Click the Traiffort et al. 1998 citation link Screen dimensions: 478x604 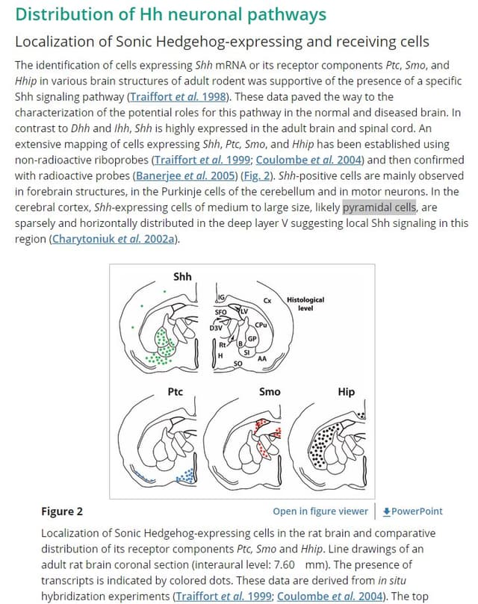[178, 96]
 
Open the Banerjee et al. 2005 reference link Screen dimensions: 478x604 [185, 175]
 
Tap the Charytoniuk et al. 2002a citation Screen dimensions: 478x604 [114, 239]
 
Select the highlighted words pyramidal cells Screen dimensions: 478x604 [379, 208]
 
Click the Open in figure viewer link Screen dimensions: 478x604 [320, 511]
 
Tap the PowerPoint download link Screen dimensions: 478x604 [412, 511]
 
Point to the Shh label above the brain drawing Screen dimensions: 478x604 [182, 276]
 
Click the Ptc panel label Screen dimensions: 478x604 [175, 392]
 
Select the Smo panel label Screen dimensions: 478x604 [270, 392]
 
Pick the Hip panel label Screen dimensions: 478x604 [346, 392]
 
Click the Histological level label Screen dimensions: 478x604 [305, 304]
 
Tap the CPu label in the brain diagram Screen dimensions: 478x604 [261, 325]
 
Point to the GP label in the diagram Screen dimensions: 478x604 [252, 339]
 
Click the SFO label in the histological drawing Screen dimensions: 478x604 [220, 312]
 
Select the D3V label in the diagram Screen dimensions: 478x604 [216, 329]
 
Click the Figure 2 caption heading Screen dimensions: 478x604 [62, 511]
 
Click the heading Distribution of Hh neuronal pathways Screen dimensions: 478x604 [171, 14]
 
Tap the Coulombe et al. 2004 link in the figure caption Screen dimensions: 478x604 [329, 596]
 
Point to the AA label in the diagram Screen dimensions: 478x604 [262, 358]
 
